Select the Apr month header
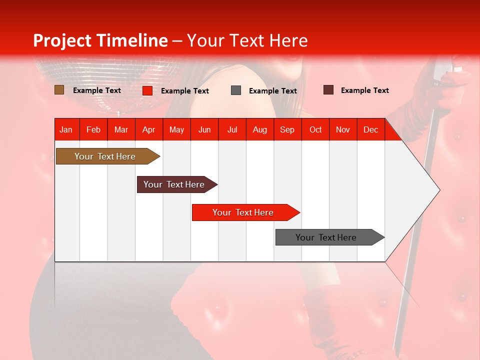click(x=149, y=129)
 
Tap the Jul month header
click(x=232, y=129)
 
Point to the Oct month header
click(x=315, y=129)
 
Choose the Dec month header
click(x=371, y=129)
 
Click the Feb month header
click(x=93, y=129)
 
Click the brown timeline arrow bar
click(x=108, y=156)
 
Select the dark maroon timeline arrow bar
click(x=177, y=184)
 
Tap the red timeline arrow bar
click(x=246, y=212)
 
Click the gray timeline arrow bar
click(x=330, y=237)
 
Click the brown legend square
click(x=59, y=89)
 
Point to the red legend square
click(x=147, y=90)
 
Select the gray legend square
click(x=235, y=90)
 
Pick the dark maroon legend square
click(x=328, y=89)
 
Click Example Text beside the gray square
click(x=273, y=91)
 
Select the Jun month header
click(x=204, y=129)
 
